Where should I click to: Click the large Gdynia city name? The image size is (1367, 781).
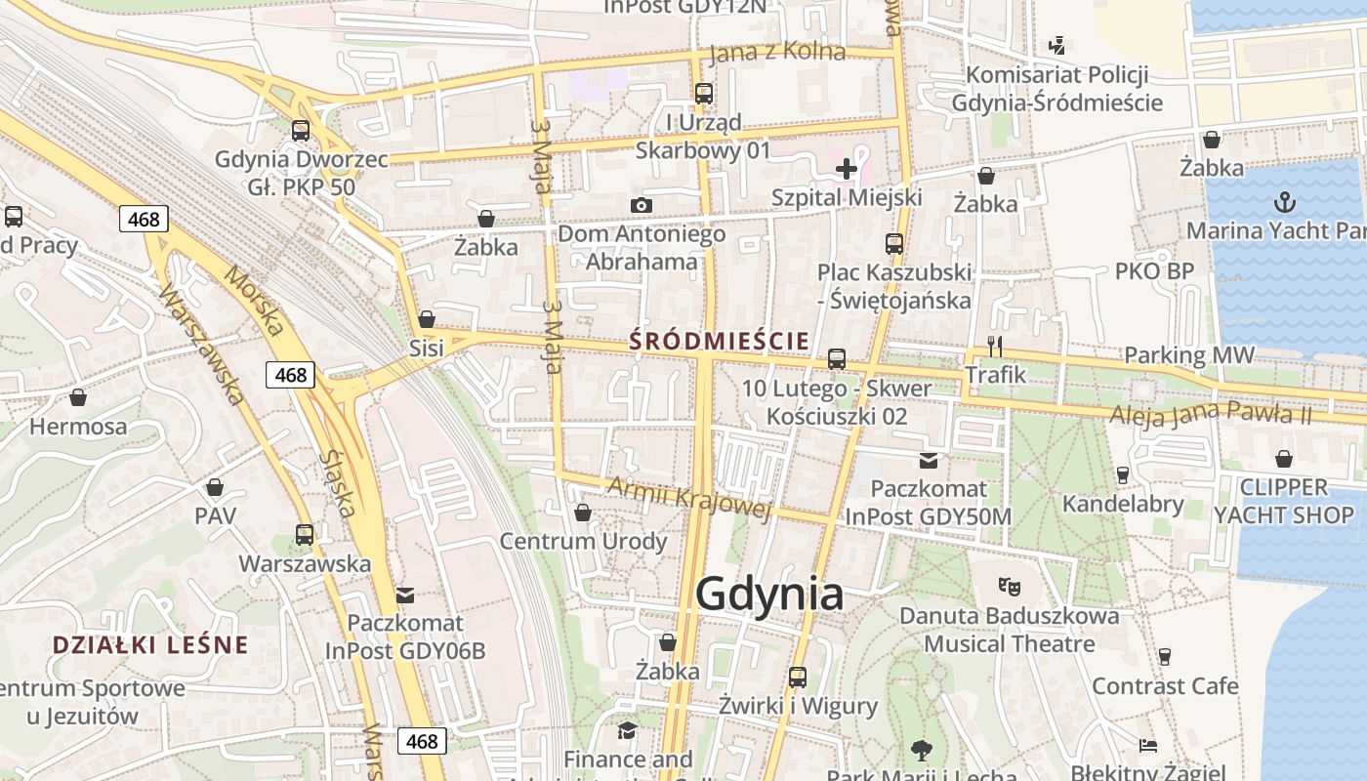click(770, 593)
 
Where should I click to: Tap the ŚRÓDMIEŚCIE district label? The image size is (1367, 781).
click(719, 341)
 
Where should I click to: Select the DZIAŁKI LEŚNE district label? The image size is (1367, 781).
click(150, 644)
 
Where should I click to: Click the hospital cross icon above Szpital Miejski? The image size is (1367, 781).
click(846, 169)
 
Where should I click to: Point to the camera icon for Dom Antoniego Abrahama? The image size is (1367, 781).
click(641, 205)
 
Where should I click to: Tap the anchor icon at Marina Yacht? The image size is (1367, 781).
click(1285, 203)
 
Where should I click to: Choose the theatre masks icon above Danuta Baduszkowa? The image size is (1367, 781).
click(1009, 587)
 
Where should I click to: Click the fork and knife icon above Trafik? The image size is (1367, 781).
click(995, 347)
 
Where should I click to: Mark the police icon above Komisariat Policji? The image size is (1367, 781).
click(1056, 45)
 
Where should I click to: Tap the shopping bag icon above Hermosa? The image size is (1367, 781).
click(78, 397)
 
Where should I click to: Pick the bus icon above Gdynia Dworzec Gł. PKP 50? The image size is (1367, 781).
click(301, 130)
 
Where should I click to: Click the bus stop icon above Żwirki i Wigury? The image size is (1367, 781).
click(798, 677)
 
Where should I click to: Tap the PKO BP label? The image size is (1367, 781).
click(1154, 270)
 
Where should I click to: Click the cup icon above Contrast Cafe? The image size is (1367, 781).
click(1164, 657)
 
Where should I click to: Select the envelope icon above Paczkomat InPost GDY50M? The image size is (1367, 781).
click(928, 459)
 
